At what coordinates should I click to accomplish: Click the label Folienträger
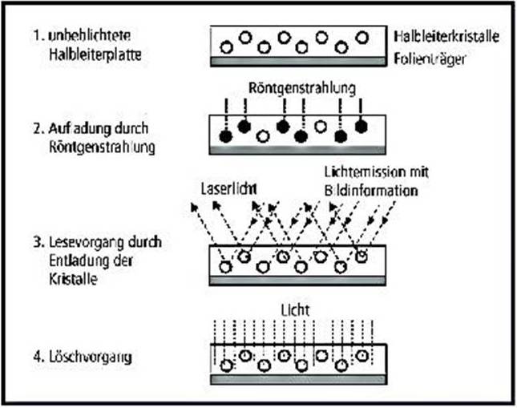point(430,59)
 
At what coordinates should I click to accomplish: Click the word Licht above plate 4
point(297,309)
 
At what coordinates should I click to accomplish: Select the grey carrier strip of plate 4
point(299,376)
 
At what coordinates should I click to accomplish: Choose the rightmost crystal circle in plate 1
point(361,37)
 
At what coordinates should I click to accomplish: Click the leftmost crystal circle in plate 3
point(226,267)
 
